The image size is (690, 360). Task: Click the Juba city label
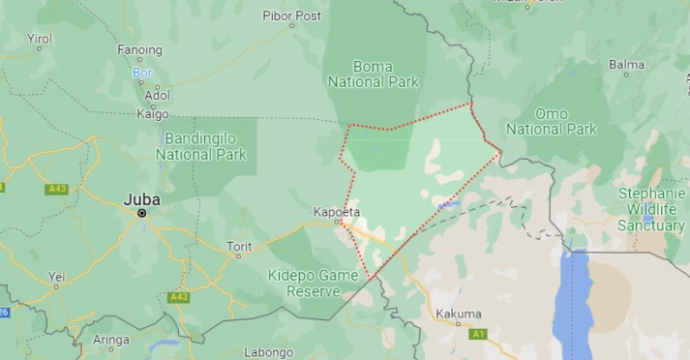(141, 199)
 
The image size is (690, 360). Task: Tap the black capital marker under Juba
(142, 213)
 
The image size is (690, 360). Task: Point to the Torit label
(239, 247)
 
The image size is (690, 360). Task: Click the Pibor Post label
(292, 15)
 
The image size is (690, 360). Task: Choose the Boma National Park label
(374, 75)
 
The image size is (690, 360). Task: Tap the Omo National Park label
(552, 121)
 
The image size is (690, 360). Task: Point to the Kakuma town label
(458, 314)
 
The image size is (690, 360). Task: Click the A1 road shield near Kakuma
(477, 334)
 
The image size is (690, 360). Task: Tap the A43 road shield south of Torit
(177, 297)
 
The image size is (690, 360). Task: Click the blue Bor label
(141, 73)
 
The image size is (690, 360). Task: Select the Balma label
(626, 65)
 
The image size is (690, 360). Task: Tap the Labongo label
(268, 352)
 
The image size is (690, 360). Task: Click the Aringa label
(111, 340)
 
